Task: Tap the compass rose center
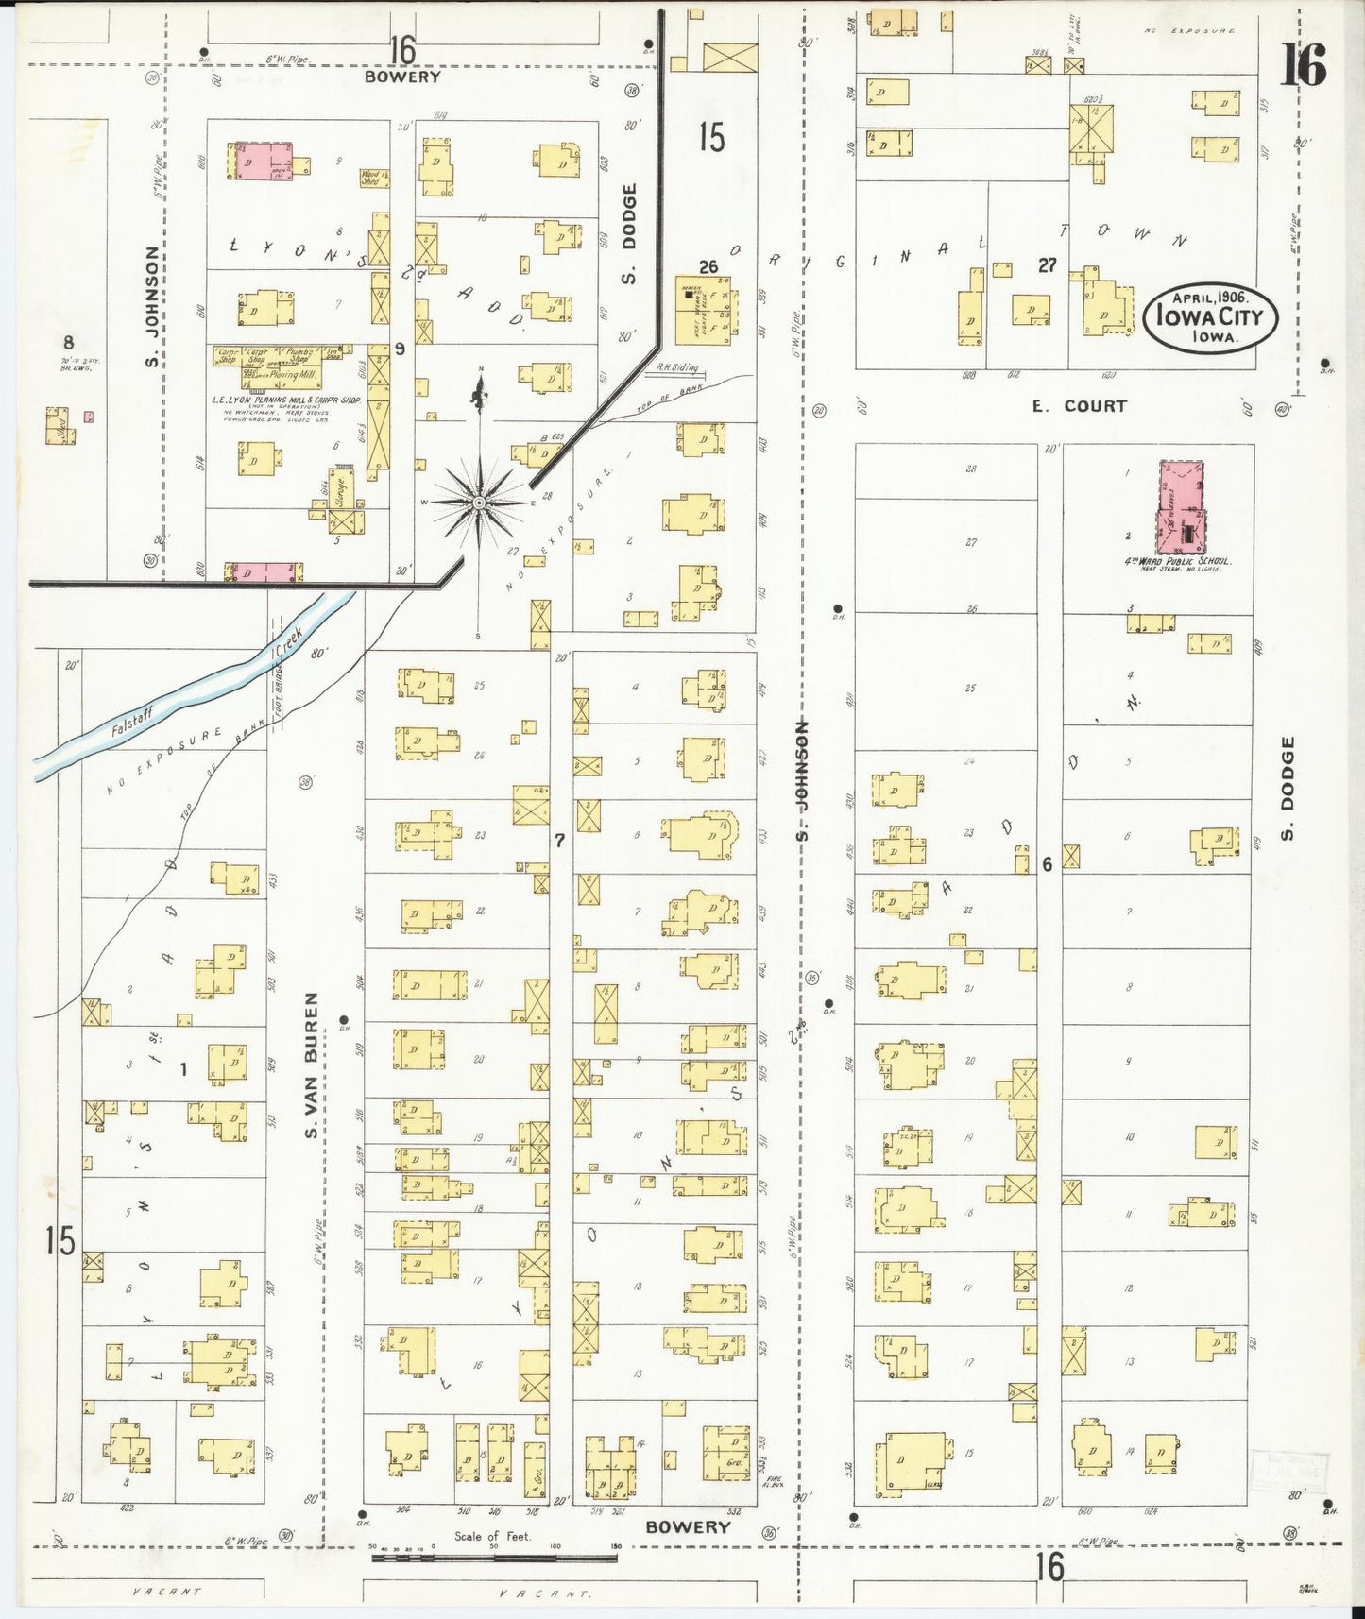pos(480,503)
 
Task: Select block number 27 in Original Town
pos(1047,265)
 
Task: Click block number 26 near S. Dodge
pos(708,267)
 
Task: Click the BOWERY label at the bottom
pos(689,1527)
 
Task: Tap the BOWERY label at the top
pos(402,77)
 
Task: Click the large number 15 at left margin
pos(60,1239)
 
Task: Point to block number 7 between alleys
pos(559,839)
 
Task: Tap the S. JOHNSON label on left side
pos(152,306)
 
